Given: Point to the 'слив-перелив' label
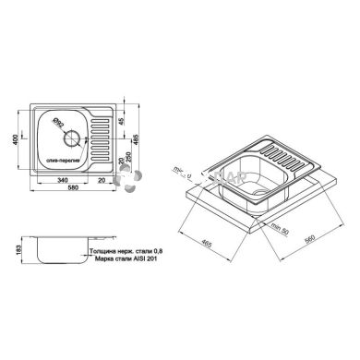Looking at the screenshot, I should point(63,159).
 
